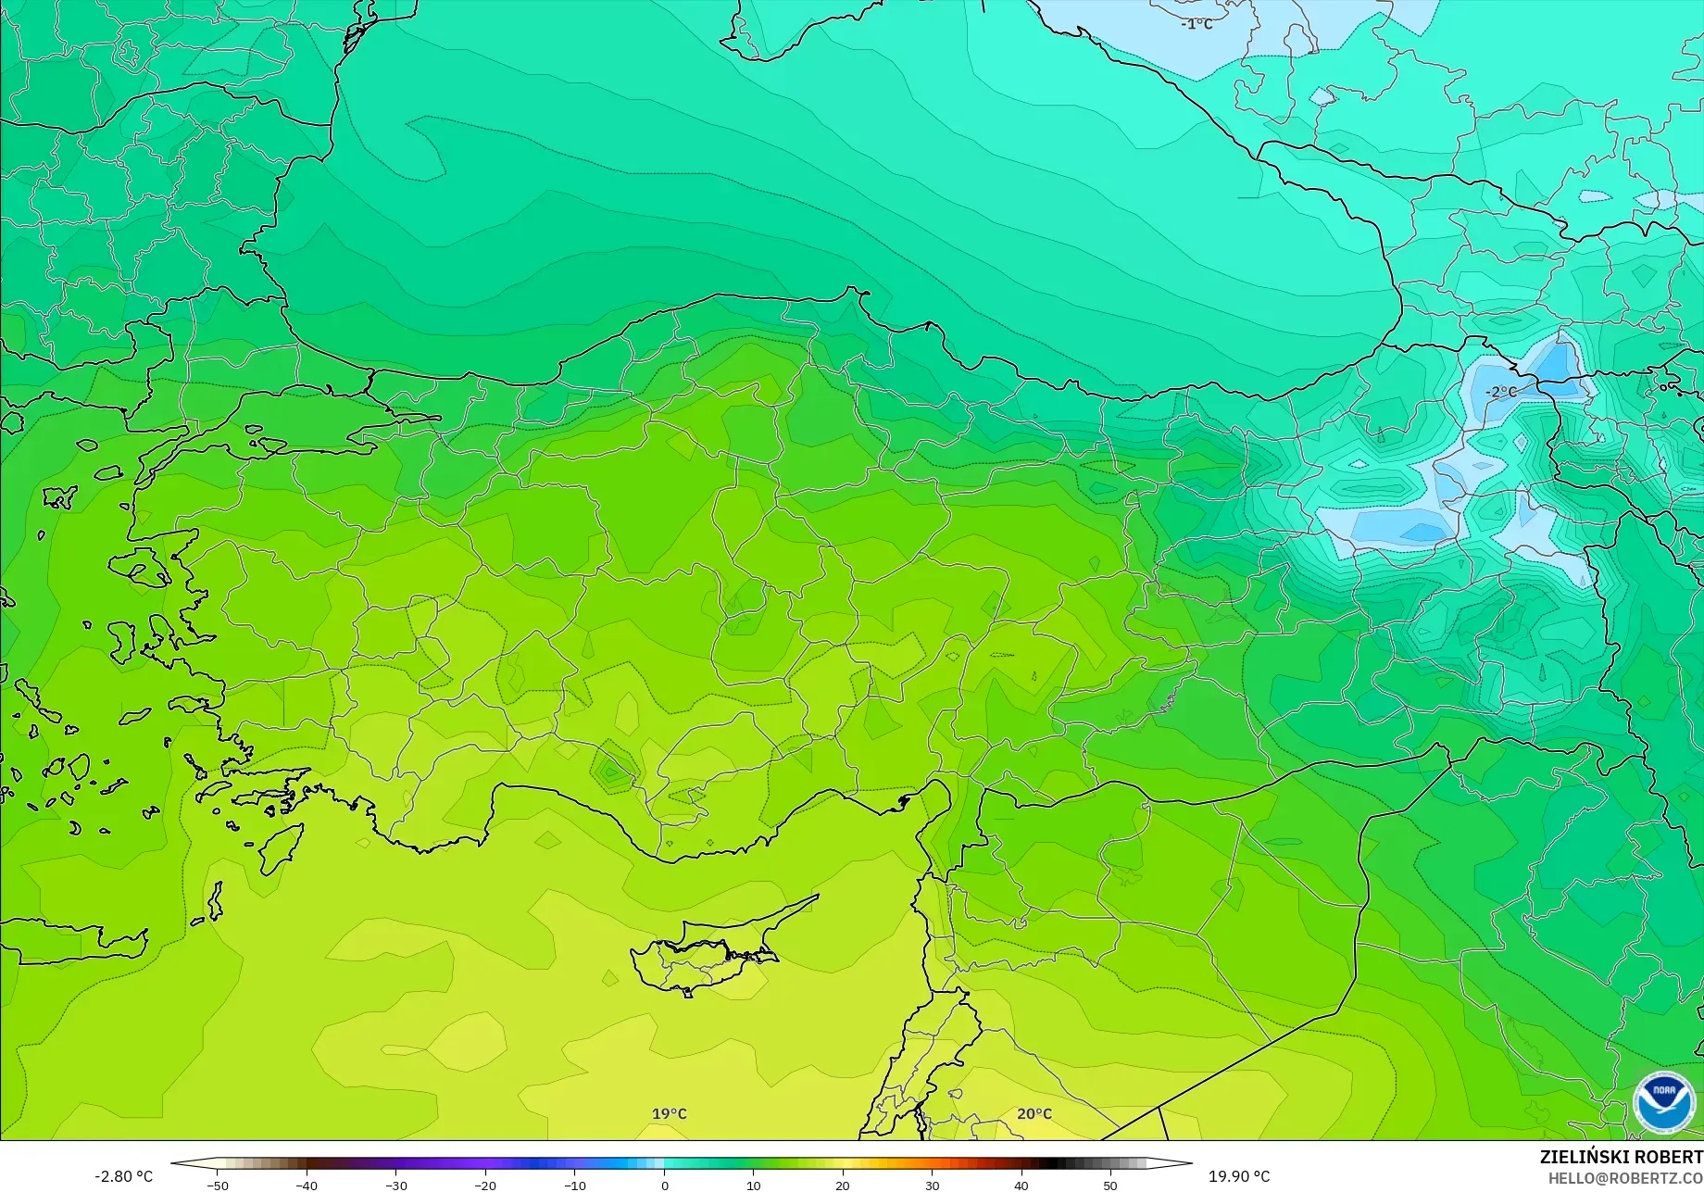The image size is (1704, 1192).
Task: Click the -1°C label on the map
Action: pyautogui.click(x=1197, y=24)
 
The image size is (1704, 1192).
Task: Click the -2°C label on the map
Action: pyautogui.click(x=1501, y=392)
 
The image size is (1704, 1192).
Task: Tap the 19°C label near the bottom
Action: pyautogui.click(x=670, y=1113)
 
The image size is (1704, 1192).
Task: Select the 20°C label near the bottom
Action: pyautogui.click(x=1034, y=1113)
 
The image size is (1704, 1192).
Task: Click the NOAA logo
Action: pyautogui.click(x=1664, y=1101)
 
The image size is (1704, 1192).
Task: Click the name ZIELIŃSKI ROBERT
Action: pyautogui.click(x=1621, y=1157)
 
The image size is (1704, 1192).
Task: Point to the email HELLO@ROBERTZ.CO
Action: pyautogui.click(x=1625, y=1177)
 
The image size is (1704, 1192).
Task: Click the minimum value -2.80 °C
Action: pyautogui.click(x=123, y=1176)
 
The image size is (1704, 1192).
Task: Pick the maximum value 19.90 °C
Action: pyautogui.click(x=1239, y=1176)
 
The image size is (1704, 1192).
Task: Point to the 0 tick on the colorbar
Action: pyautogui.click(x=664, y=1186)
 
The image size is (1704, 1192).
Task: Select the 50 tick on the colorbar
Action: pyautogui.click(x=1110, y=1186)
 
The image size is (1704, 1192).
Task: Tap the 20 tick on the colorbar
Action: pyautogui.click(x=843, y=1186)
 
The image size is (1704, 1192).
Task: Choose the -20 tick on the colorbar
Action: pyautogui.click(x=485, y=1186)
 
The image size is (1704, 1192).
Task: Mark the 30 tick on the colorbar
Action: pyautogui.click(x=932, y=1186)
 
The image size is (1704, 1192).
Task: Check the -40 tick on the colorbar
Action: pyautogui.click(x=307, y=1186)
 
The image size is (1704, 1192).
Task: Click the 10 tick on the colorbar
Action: pyautogui.click(x=753, y=1186)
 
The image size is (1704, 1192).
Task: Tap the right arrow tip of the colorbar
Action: pyautogui.click(x=1190, y=1163)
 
